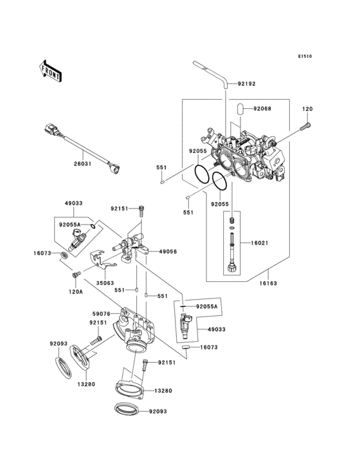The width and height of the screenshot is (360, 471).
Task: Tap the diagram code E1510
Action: (x=304, y=57)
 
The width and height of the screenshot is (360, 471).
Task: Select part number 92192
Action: (x=247, y=84)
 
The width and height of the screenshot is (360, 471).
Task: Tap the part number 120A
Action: (x=76, y=291)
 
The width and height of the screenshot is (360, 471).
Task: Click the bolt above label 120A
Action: (x=76, y=275)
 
